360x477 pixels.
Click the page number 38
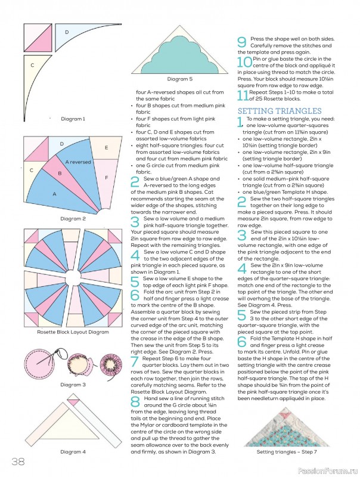coord(18,461)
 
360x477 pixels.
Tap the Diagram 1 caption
coord(73,119)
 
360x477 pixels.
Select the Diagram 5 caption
coord(179,79)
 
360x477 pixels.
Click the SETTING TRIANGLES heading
coord(280,111)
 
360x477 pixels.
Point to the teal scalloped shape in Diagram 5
coord(180,58)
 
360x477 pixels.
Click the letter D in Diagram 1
coord(67,32)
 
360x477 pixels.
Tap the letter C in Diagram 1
coord(32,65)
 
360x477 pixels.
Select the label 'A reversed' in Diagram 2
coord(78,162)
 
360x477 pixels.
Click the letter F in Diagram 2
coord(107,178)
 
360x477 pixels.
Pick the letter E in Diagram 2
coord(107,148)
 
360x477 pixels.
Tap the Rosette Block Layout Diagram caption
coord(73,332)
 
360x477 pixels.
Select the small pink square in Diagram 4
coord(73,402)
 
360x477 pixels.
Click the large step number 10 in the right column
coord(244,62)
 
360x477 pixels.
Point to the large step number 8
coord(136,401)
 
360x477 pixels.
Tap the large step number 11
coord(243,95)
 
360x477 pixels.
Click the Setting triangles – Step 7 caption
coord(287,452)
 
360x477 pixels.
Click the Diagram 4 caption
coord(73,452)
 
